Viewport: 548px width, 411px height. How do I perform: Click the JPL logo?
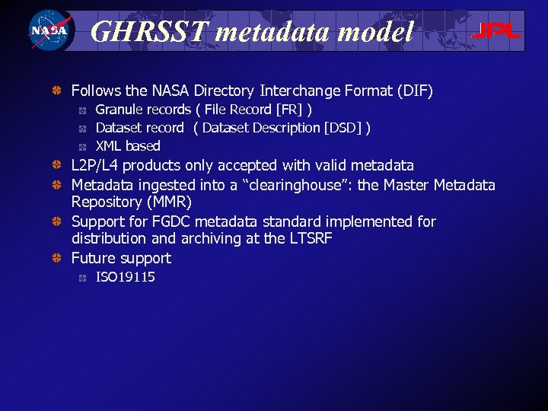click(495, 31)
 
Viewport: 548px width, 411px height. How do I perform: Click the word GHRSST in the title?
click(149, 31)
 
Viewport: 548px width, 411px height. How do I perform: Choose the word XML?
click(109, 146)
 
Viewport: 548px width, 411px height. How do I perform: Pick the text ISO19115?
click(126, 277)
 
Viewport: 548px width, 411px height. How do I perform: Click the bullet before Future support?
click(56, 258)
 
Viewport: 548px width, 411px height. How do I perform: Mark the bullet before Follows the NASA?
click(56, 91)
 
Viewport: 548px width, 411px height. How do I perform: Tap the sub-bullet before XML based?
click(82, 146)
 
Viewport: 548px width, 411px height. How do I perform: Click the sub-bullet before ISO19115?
click(82, 277)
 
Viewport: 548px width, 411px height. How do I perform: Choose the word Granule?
click(117, 110)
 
